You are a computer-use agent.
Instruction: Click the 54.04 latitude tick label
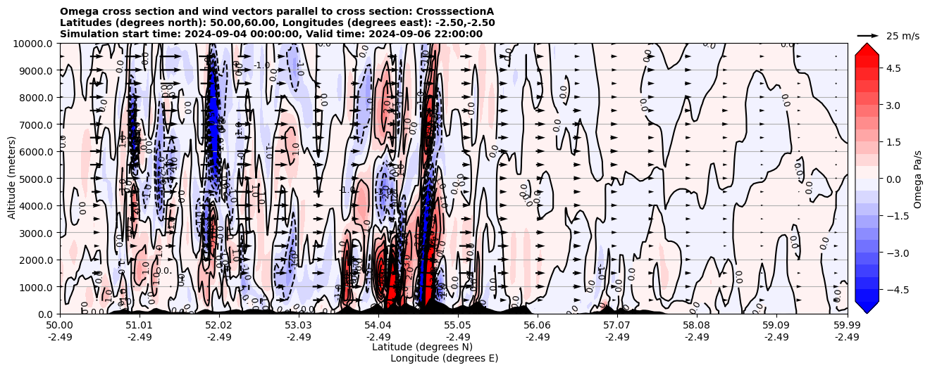point(378,326)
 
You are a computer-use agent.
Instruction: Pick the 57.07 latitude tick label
point(617,326)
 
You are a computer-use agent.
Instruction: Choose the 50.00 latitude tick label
point(60,326)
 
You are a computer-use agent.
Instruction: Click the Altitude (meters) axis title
point(12,179)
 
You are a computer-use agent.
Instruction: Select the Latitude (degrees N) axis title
point(422,347)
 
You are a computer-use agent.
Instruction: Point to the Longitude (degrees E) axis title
point(445,358)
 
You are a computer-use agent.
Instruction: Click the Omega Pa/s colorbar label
point(918,179)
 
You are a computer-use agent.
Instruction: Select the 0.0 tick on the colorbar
point(894,179)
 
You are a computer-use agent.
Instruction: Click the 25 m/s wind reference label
point(903,36)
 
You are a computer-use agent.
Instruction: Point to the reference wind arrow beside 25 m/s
point(868,35)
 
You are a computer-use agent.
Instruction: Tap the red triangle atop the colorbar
point(867,49)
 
